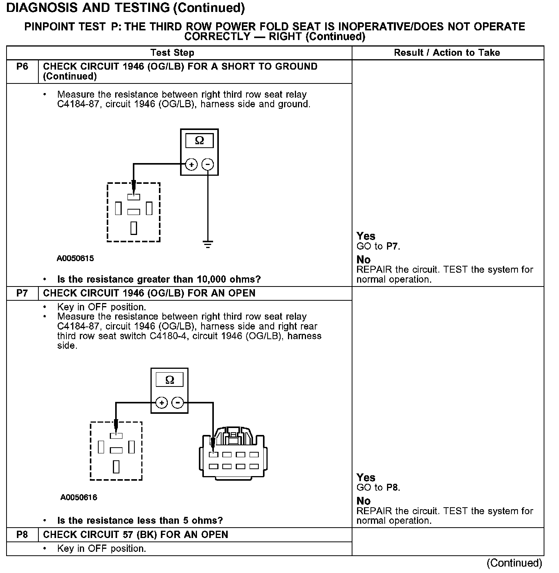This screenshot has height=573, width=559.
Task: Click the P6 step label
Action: coord(22,67)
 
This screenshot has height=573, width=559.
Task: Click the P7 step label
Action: coord(22,293)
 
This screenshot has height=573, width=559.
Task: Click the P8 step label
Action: coord(22,535)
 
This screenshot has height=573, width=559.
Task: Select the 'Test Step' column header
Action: coord(172,53)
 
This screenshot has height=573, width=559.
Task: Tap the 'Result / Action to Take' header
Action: coord(447,53)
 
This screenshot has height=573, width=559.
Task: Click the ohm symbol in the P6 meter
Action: coord(199,140)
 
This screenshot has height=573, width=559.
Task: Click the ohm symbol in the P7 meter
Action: coord(169,380)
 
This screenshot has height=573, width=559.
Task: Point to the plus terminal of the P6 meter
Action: coord(191,165)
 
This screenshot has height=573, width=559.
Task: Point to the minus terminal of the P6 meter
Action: coord(208,165)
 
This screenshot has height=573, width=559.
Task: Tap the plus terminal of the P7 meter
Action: coord(162,403)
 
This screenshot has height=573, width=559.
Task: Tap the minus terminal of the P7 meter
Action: coord(178,403)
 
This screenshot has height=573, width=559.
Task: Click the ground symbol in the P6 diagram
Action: coord(208,244)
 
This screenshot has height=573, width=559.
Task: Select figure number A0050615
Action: coord(75,258)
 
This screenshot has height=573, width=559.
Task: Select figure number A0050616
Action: coord(79,498)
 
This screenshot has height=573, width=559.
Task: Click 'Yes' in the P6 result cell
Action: coord(366,236)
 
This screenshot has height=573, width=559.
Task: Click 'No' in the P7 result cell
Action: coord(364,501)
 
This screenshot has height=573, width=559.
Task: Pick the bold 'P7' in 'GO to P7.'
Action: coord(392,247)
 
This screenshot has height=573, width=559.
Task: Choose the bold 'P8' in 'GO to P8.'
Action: coord(392,488)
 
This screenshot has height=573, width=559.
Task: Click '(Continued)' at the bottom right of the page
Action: coord(514,563)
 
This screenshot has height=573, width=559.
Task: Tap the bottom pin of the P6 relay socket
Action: coord(134,228)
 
